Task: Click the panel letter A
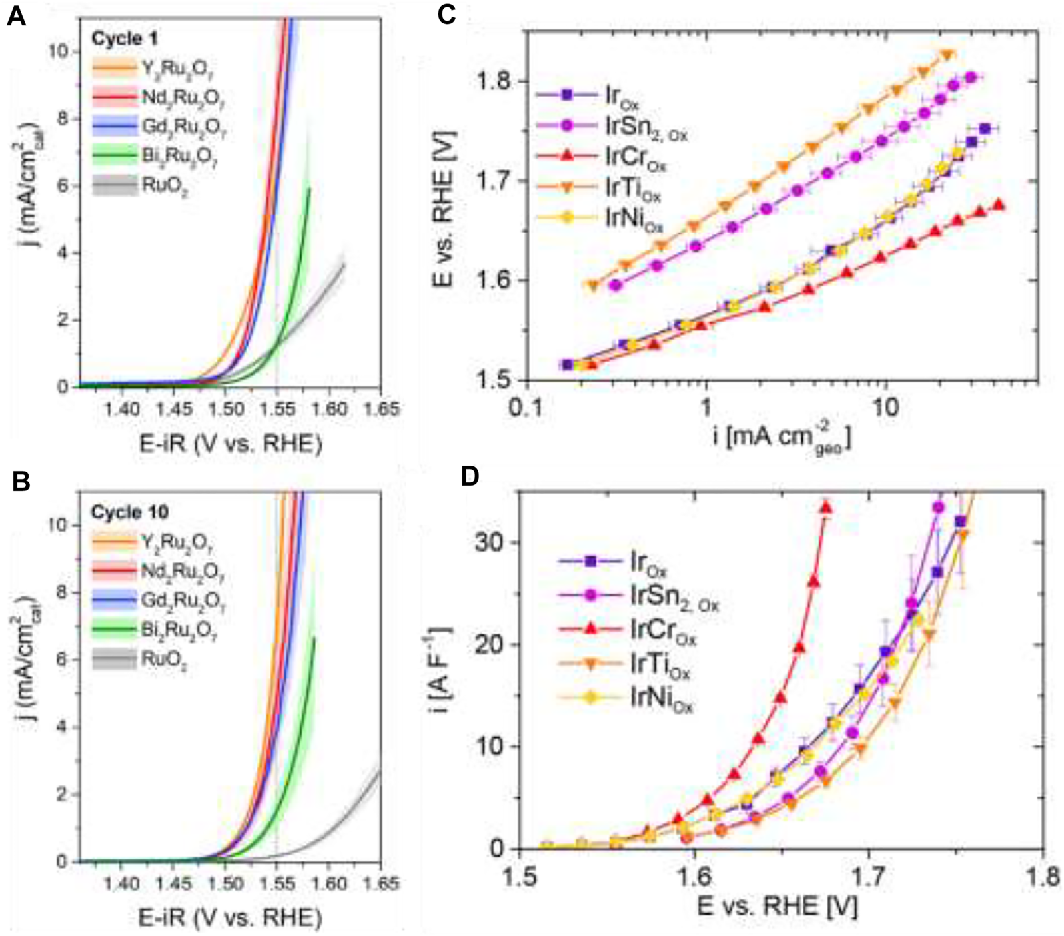point(15,15)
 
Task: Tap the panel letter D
point(470,477)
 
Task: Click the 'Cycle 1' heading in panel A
point(124,39)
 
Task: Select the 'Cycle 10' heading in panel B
point(129,512)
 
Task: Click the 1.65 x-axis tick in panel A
point(382,408)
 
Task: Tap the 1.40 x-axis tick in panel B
point(123,883)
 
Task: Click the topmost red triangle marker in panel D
point(826,508)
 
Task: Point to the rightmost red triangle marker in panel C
point(998,205)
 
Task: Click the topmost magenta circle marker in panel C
point(970,77)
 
